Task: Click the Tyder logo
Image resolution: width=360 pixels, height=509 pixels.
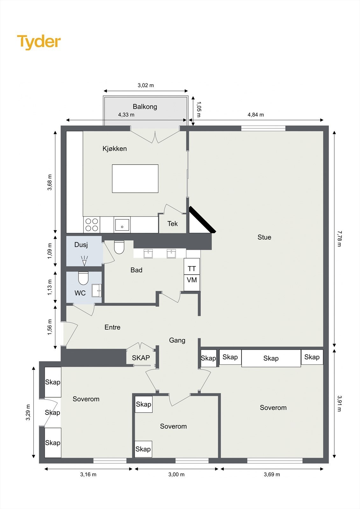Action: click(39, 42)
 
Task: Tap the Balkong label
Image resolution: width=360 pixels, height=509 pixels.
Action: click(145, 107)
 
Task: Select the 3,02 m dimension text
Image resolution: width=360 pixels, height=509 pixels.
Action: click(145, 86)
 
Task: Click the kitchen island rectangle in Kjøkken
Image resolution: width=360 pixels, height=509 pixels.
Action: click(135, 178)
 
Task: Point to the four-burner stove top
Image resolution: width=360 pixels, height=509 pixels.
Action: click(92, 225)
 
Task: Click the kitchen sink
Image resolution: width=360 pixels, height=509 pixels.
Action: click(122, 225)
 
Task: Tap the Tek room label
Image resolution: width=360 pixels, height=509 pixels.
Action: click(173, 224)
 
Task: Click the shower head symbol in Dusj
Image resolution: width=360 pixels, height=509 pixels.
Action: click(84, 261)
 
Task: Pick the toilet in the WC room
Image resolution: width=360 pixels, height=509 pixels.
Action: click(83, 278)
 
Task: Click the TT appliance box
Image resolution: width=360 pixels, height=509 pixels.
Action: click(192, 266)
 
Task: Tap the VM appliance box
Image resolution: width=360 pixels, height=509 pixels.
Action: click(192, 282)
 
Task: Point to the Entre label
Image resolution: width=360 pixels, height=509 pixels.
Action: click(112, 327)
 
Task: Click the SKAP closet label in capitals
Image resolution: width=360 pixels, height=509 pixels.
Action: click(141, 358)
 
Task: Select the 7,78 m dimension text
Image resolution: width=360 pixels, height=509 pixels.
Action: click(339, 239)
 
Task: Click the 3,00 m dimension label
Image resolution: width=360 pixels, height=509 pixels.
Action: click(176, 474)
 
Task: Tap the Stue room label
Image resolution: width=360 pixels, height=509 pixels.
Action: click(264, 237)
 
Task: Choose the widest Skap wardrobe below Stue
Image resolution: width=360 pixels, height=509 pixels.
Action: click(271, 358)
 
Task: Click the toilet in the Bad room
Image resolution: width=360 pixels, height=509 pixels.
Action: click(119, 247)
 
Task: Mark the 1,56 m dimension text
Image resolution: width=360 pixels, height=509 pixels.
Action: click(50, 327)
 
